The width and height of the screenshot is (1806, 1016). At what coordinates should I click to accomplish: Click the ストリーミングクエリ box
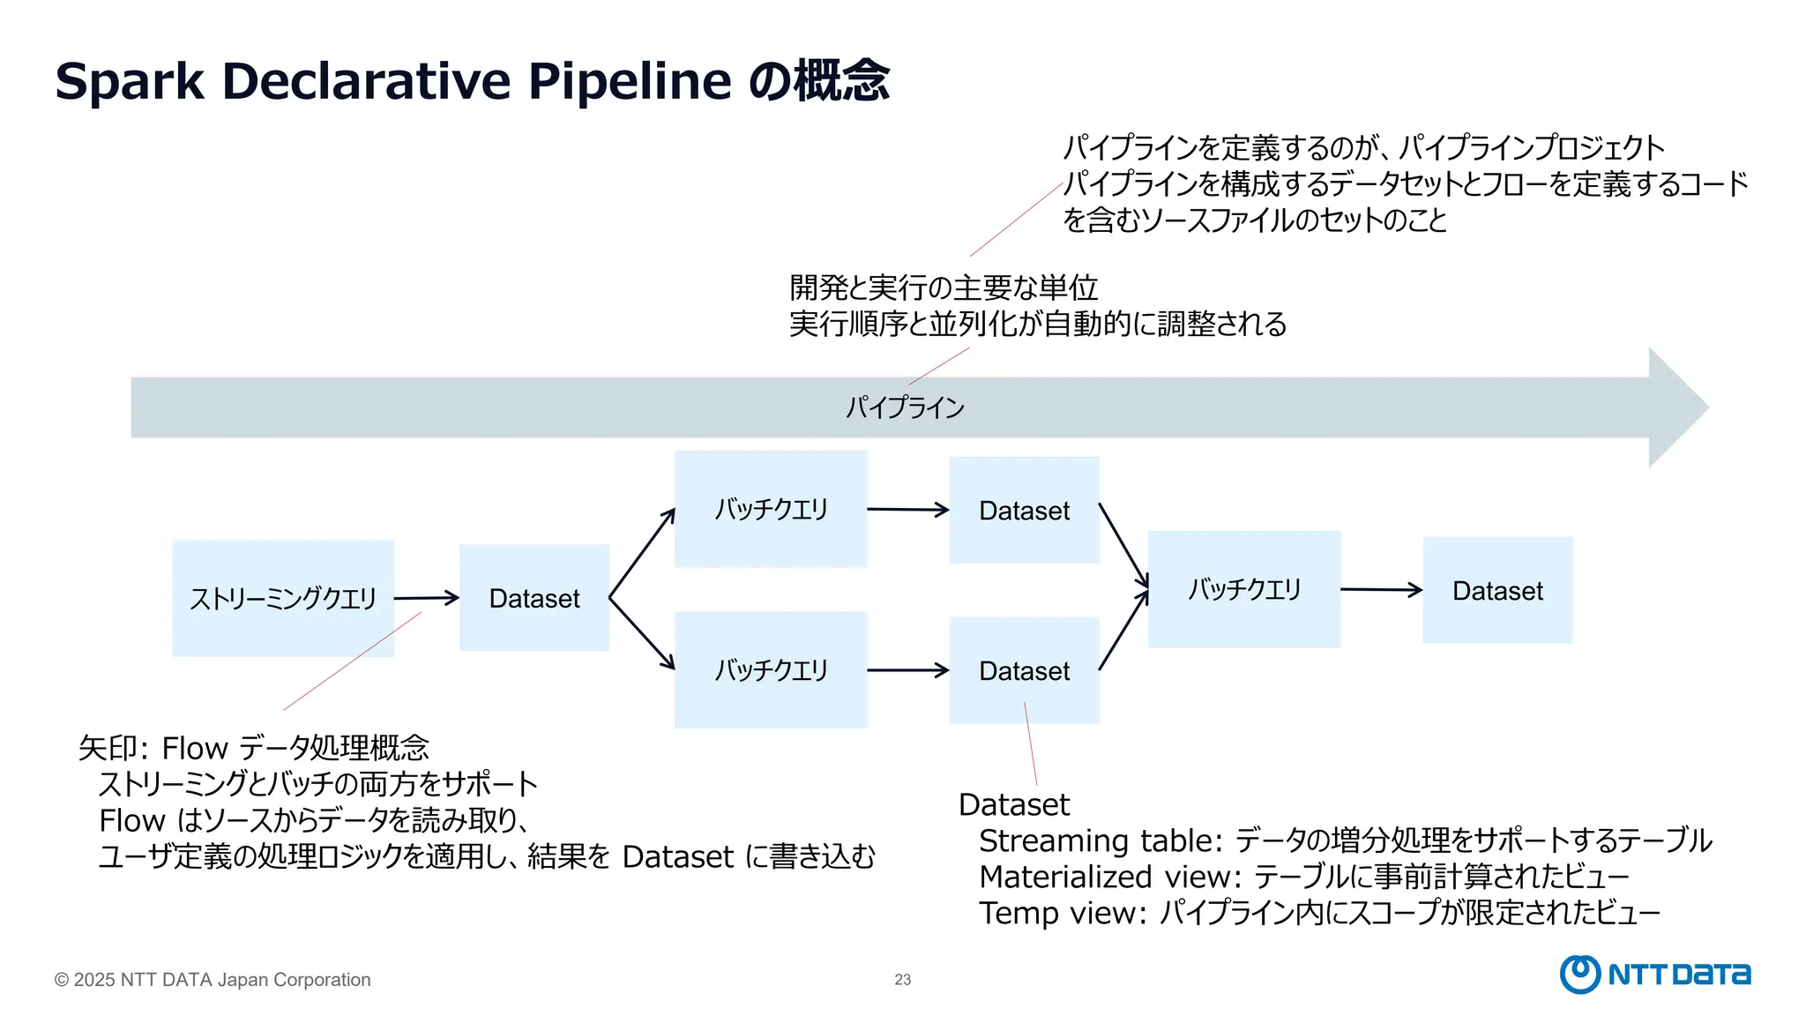coord(283,598)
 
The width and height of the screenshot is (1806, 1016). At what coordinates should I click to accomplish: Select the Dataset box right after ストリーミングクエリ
coord(534,598)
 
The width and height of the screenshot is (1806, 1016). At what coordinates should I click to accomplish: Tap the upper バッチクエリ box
coord(771,509)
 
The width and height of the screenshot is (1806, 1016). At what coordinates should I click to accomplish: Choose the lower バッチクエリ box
coord(771,670)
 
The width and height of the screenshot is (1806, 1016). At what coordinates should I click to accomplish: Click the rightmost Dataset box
coord(1497,590)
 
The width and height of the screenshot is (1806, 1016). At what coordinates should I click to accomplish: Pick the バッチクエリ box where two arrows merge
coord(1243,589)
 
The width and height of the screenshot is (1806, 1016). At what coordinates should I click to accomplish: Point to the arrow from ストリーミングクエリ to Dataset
coord(426,598)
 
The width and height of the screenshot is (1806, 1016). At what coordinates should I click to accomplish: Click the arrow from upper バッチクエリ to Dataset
coord(907,509)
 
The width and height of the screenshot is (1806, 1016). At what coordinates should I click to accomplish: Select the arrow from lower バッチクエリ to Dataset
coord(907,670)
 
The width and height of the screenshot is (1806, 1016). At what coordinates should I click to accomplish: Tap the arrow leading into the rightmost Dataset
coord(1381,589)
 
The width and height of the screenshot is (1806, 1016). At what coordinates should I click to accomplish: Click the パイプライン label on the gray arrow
coord(905,407)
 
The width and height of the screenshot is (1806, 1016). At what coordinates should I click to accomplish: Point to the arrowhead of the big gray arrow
coord(1675,407)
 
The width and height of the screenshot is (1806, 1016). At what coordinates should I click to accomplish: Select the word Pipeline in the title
coord(629,81)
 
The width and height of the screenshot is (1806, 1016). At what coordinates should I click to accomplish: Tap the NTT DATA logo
coord(1654,974)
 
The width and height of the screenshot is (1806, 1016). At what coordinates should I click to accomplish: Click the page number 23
coord(902,980)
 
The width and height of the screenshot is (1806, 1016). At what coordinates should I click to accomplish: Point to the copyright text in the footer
coord(213,980)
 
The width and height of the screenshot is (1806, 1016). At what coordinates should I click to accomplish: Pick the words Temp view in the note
coord(1059,913)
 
